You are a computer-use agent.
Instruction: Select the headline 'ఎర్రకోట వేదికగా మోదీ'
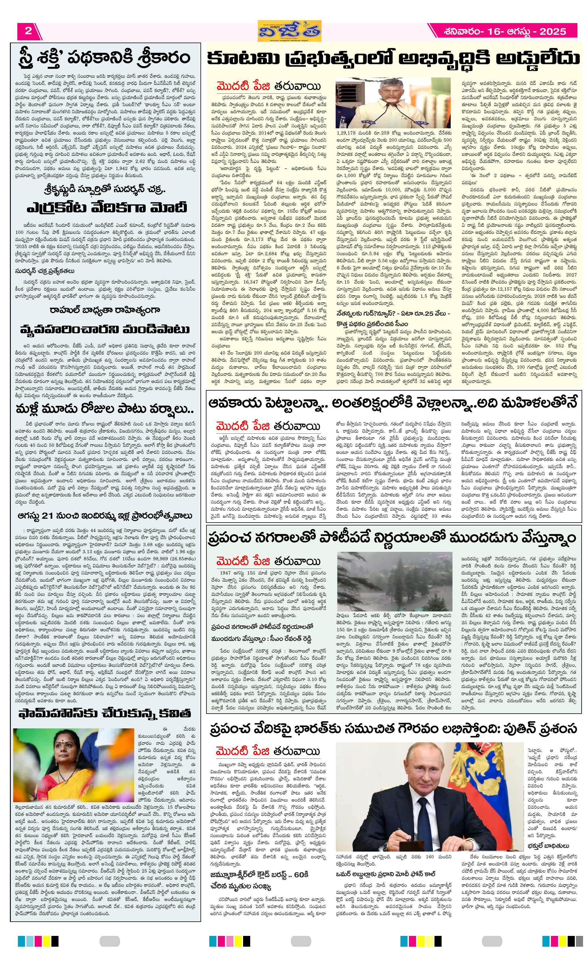click(x=107, y=208)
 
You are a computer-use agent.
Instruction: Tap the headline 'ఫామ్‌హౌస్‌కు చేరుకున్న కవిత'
click(x=105, y=714)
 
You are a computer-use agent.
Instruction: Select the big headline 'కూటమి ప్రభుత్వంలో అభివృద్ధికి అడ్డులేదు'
click(x=393, y=59)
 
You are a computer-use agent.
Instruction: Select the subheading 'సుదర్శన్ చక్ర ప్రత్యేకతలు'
click(x=45, y=271)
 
